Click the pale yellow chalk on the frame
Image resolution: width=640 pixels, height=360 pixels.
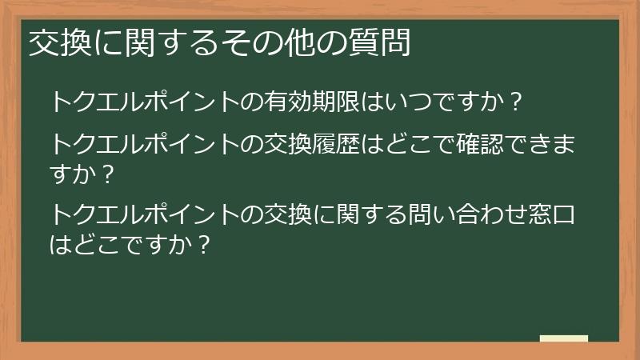(564, 338)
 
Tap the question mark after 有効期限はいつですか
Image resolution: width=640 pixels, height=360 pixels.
(516, 102)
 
